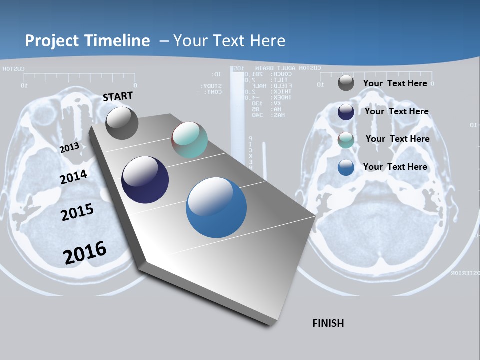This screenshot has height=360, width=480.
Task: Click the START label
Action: (118, 96)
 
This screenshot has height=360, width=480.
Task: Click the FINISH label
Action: (328, 323)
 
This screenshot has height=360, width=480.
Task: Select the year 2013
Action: (70, 148)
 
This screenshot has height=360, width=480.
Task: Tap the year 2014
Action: (74, 177)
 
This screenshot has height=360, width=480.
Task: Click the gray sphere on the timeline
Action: (122, 123)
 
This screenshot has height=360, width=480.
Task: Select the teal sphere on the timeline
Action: (189, 140)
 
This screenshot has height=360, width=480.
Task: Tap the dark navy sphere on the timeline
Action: (145, 180)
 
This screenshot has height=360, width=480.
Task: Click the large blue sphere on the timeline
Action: (216, 207)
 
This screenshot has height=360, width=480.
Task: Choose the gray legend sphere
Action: (346, 83)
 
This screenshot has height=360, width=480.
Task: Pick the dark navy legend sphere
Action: (346, 112)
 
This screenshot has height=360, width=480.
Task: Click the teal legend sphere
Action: (346, 140)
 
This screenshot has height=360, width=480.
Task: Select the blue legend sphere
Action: (346, 167)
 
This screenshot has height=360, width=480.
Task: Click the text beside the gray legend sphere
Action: (395, 83)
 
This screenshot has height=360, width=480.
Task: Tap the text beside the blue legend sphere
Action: (395, 167)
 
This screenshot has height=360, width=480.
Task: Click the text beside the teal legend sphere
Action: (397, 139)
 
